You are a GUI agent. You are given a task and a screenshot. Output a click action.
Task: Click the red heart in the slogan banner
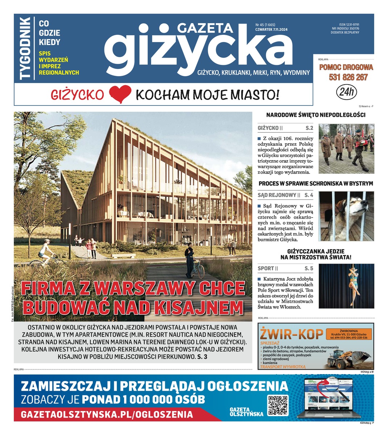tap(120, 95)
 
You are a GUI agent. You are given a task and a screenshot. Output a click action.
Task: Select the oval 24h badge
tap(346, 92)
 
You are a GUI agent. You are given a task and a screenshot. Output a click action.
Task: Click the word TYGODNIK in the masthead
tap(25, 48)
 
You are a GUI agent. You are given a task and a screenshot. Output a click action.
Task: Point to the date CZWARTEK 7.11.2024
tap(271, 30)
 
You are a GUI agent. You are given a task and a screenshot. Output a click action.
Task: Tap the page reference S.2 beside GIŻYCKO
tap(309, 128)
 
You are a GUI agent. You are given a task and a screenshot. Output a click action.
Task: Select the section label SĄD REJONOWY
tap(277, 195)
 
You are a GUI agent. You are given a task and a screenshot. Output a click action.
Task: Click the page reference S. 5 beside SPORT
tap(309, 268)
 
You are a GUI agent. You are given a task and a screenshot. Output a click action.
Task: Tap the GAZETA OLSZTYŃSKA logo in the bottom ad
tap(246, 411)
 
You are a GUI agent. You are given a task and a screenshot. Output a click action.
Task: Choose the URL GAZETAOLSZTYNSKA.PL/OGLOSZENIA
tap(107, 414)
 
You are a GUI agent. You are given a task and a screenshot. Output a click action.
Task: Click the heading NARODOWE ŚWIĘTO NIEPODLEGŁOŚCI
tap(315, 115)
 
